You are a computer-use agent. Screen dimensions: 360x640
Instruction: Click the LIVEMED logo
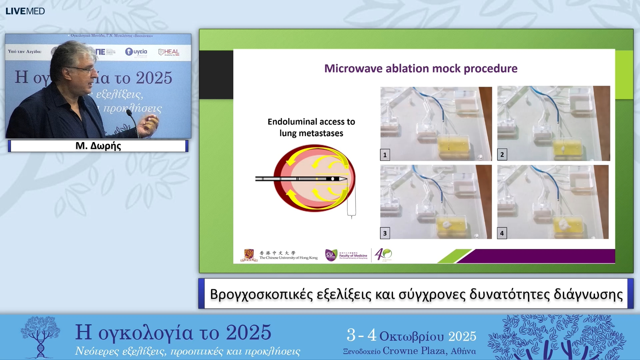[25, 11]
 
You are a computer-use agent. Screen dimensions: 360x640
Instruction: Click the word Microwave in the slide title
[353, 68]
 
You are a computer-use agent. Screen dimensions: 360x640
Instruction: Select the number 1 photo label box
[385, 155]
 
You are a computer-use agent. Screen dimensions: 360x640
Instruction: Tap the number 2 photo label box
[502, 154]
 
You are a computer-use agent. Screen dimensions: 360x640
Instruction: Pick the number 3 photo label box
[385, 233]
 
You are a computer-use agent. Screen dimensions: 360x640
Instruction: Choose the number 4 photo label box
[502, 233]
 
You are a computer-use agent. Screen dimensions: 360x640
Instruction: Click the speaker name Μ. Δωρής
[98, 146]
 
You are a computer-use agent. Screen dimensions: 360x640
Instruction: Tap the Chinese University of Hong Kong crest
[249, 255]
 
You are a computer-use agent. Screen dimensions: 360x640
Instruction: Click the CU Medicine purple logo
[330, 255]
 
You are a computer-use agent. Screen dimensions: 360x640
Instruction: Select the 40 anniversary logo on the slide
[383, 255]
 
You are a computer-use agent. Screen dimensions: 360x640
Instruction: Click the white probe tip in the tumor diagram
[342, 179]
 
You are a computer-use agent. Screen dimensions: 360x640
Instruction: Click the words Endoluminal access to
[311, 122]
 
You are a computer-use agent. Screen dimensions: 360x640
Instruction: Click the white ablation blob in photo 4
[564, 223]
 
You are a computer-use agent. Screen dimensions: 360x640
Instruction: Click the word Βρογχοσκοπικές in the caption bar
[261, 294]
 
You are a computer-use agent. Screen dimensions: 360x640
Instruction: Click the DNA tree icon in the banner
[40, 337]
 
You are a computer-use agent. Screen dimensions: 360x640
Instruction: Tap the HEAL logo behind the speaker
[169, 52]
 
